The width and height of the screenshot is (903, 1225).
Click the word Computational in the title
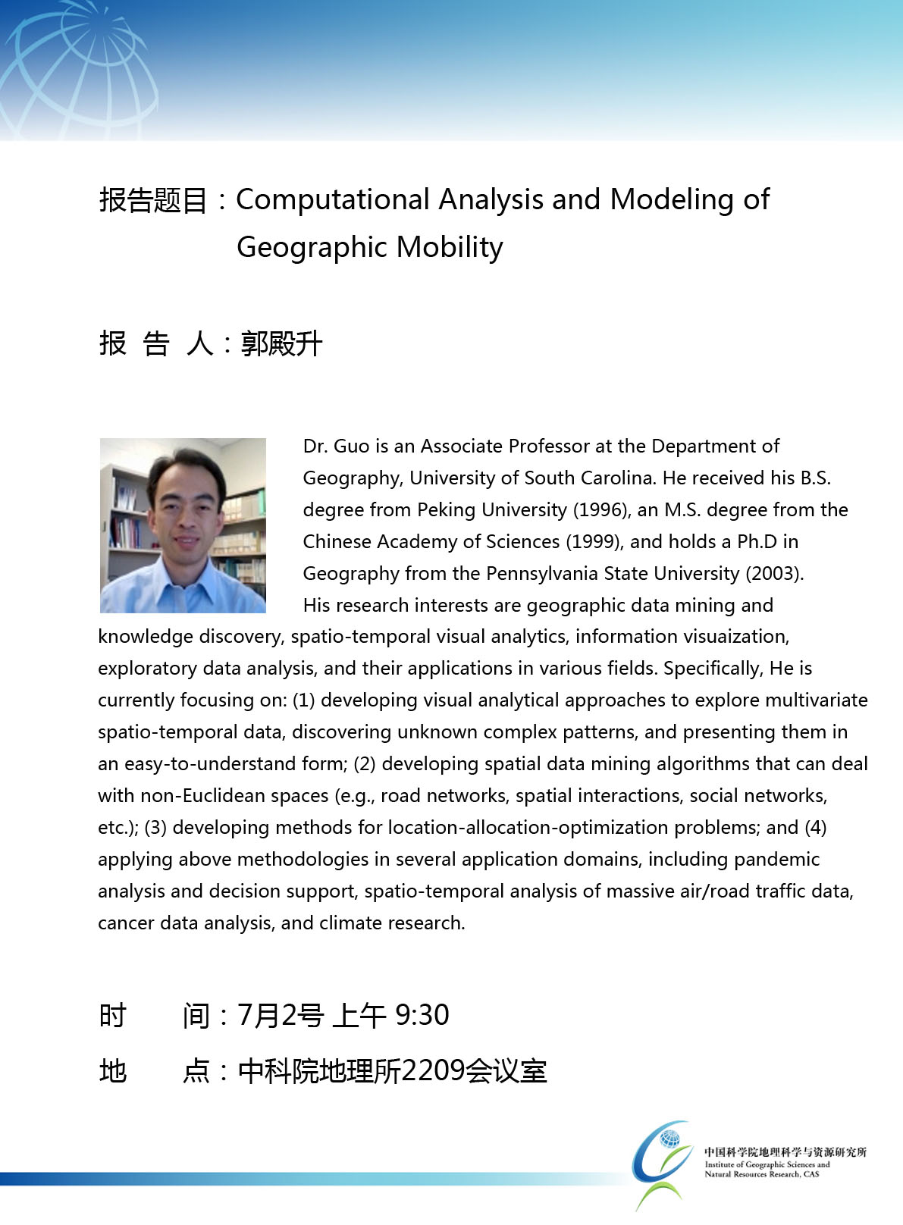tap(333, 200)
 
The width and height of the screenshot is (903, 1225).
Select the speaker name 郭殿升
tap(281, 343)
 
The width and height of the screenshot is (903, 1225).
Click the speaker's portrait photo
tap(183, 525)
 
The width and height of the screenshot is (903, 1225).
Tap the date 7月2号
tap(281, 1015)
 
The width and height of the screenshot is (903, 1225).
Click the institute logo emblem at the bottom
tap(661, 1163)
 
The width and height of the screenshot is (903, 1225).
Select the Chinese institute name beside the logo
tap(785, 1152)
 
